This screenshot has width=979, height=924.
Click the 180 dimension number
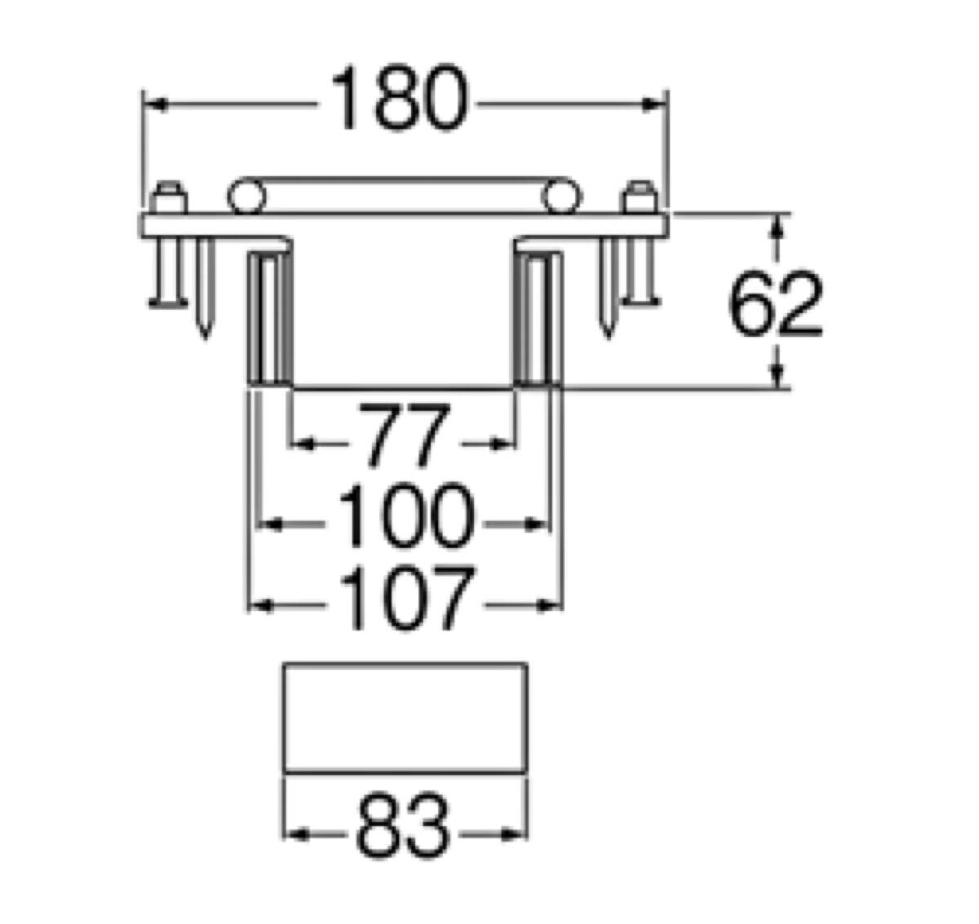click(x=401, y=101)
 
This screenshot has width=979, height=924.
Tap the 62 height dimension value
click(x=775, y=306)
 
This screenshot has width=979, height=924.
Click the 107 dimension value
click(x=405, y=602)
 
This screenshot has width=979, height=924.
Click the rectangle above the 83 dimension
click(x=404, y=717)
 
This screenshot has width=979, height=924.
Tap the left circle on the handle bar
click(x=246, y=197)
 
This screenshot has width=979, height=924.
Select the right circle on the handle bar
click(x=561, y=197)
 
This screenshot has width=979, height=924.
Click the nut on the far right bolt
click(x=639, y=198)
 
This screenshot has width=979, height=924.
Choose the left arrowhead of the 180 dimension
click(x=155, y=104)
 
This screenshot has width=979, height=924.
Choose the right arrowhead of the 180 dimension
click(x=655, y=104)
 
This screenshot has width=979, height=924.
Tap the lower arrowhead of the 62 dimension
click(x=778, y=376)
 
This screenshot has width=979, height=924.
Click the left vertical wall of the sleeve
click(x=268, y=318)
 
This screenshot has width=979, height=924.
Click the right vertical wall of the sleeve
click(x=538, y=318)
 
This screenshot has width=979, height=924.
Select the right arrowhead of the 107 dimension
click(x=552, y=604)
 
